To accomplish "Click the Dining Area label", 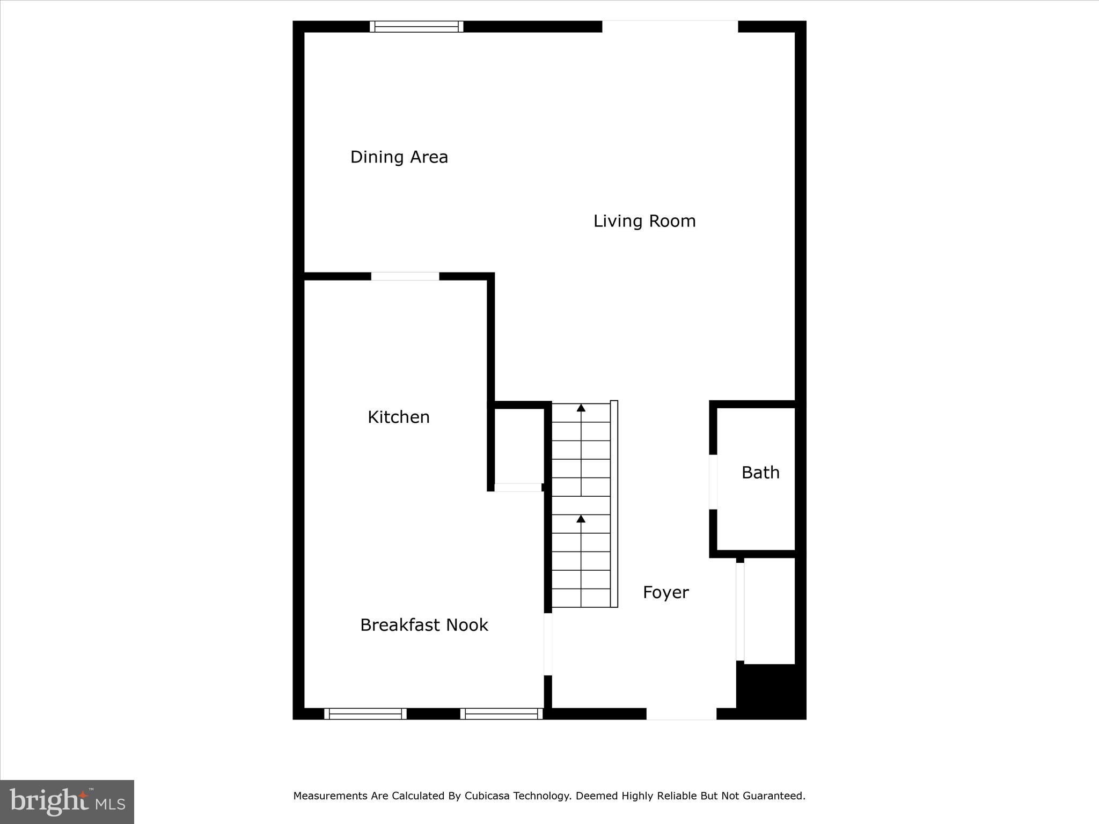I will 399,157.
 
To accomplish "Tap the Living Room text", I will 644,221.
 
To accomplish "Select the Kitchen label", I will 398,417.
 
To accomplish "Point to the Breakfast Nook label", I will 424,625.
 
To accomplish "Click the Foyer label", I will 665,592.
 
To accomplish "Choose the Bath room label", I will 760,473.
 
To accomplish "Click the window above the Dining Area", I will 416,27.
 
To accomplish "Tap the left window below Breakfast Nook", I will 365,713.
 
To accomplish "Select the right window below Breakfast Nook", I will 502,713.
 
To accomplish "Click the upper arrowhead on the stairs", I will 581,408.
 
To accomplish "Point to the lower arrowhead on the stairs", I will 581,519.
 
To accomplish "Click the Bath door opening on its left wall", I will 713,482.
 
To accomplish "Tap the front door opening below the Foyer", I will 681,713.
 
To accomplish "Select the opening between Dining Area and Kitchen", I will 405,276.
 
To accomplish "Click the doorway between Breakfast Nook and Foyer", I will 548,644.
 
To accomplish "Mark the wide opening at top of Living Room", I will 670,27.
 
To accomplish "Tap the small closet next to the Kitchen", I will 518,445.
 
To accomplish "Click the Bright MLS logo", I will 67,801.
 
